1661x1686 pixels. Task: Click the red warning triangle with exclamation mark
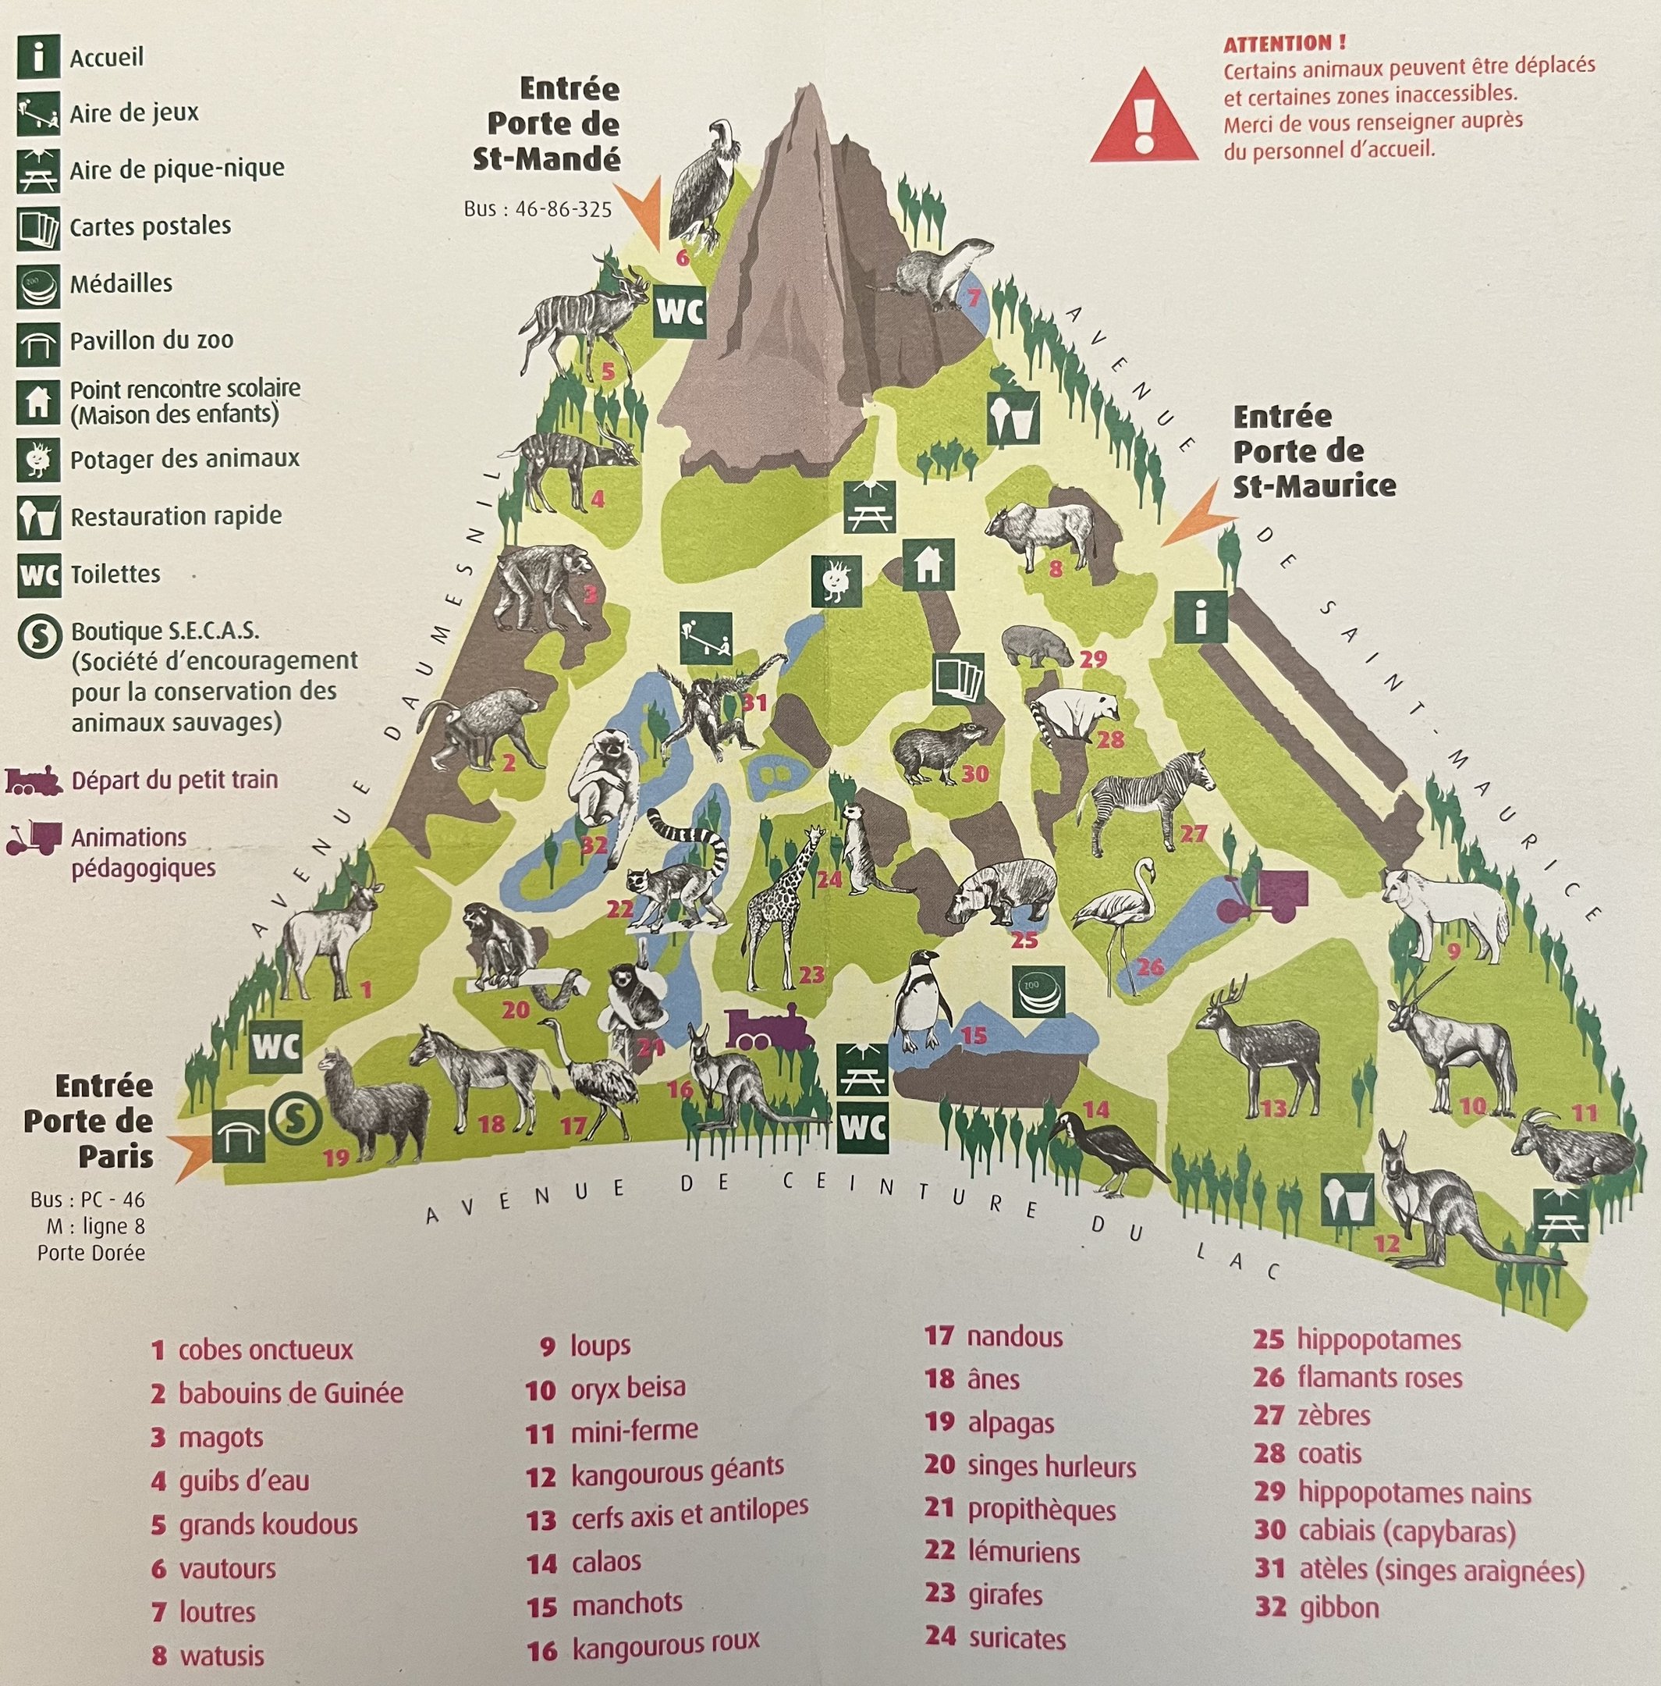pyautogui.click(x=1143, y=118)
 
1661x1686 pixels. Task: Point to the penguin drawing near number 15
pyautogui.click(x=921, y=1001)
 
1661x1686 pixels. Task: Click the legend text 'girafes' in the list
pyautogui.click(x=1005, y=1595)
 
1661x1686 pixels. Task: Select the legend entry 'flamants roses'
pyautogui.click(x=1379, y=1378)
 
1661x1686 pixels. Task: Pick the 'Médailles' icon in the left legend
pyautogui.click(x=38, y=284)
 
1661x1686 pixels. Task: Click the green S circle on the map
pyautogui.click(x=295, y=1117)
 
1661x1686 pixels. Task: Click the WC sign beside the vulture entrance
pyautogui.click(x=680, y=311)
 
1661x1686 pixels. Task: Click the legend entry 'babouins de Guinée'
pyautogui.click(x=290, y=1393)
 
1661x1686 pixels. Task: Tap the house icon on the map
pyautogui.click(x=928, y=564)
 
